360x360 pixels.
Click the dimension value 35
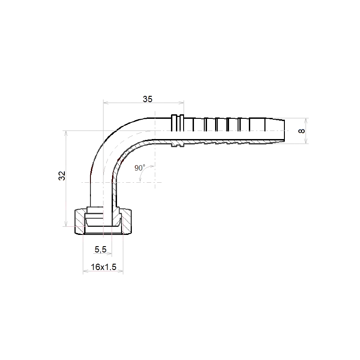click(148, 99)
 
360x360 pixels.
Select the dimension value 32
click(62, 176)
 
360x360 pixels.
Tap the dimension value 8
click(301, 131)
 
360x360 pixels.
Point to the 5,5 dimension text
click(100, 249)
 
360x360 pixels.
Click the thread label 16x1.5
click(103, 267)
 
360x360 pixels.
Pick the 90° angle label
click(139, 167)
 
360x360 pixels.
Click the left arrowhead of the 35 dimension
click(106, 103)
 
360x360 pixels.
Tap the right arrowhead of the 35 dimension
click(181, 103)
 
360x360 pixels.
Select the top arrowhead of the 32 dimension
click(66, 134)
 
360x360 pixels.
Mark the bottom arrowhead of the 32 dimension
click(66, 224)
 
